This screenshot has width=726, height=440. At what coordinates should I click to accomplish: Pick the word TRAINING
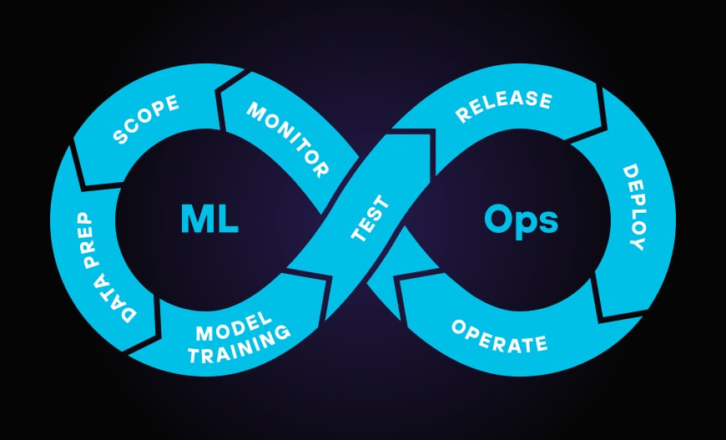[239, 346]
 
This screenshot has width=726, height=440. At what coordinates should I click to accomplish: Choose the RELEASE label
[503, 106]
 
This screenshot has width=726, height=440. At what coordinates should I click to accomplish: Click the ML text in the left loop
[209, 220]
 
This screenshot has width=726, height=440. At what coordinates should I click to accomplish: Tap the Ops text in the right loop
[522, 220]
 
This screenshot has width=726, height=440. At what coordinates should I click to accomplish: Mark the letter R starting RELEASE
[462, 116]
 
